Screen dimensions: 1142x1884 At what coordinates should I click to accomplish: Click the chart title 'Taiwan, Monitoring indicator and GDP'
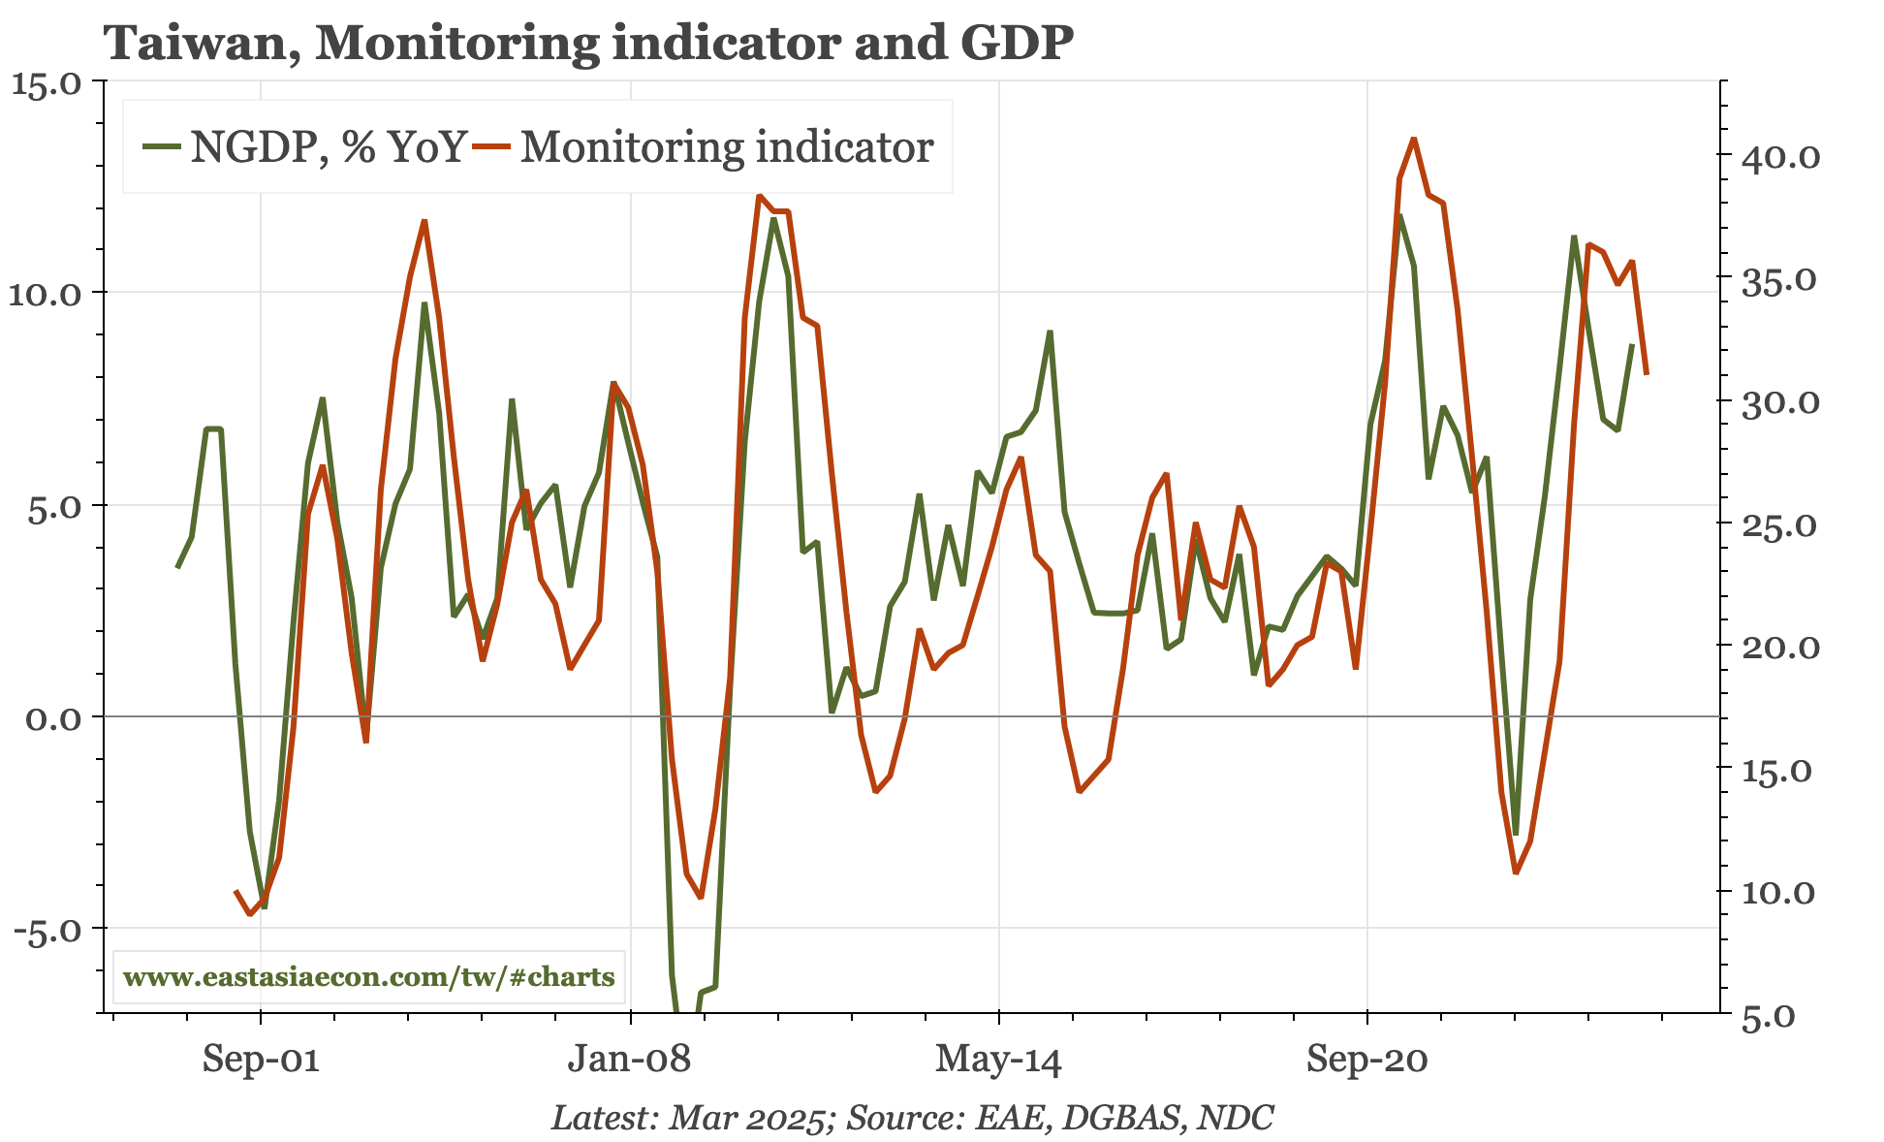click(588, 43)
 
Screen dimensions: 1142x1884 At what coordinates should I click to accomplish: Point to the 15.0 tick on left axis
click(46, 82)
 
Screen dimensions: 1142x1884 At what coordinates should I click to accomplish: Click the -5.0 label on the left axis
click(46, 930)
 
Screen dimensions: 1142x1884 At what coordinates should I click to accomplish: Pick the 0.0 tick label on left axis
click(53, 718)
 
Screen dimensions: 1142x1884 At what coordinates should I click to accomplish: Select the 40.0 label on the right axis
click(1781, 156)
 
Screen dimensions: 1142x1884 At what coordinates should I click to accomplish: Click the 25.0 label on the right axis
click(1781, 524)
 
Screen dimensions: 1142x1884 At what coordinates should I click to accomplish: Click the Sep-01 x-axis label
click(261, 1059)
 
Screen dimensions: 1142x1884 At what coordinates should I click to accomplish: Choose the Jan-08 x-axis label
click(630, 1059)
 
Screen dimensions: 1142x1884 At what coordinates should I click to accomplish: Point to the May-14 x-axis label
click(998, 1059)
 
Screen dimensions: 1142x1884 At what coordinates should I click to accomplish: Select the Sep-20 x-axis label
click(1366, 1059)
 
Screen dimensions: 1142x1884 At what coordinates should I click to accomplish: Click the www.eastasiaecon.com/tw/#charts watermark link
click(369, 976)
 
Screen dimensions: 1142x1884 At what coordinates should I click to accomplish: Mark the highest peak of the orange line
click(1414, 139)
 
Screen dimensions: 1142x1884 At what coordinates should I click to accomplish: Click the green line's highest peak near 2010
click(773, 219)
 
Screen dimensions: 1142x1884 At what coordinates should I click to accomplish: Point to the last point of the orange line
click(1647, 373)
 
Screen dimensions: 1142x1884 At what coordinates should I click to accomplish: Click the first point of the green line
click(177, 567)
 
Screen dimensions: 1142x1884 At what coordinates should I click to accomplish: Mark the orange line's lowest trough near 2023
click(1516, 872)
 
